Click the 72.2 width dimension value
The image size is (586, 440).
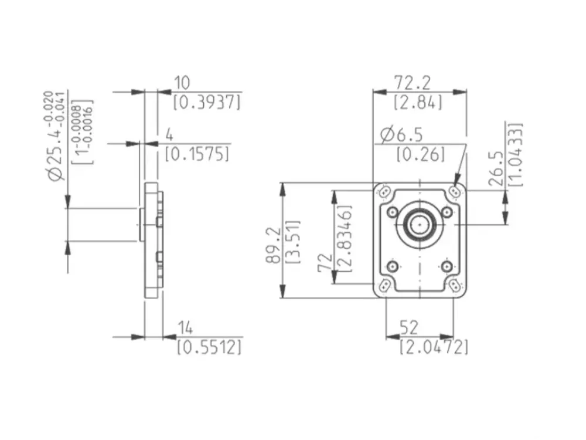[x=412, y=83]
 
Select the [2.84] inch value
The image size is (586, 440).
[x=418, y=102]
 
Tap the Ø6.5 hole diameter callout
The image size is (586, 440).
[x=401, y=135]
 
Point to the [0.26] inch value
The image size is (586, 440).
[x=421, y=154]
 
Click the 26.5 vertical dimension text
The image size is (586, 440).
[x=496, y=168]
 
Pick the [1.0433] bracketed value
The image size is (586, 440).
[x=516, y=154]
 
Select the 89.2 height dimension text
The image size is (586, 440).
[x=274, y=245]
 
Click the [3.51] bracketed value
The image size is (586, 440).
[x=292, y=242]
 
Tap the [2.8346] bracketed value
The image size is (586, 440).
[x=344, y=238]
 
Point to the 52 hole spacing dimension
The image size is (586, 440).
[x=408, y=328]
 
